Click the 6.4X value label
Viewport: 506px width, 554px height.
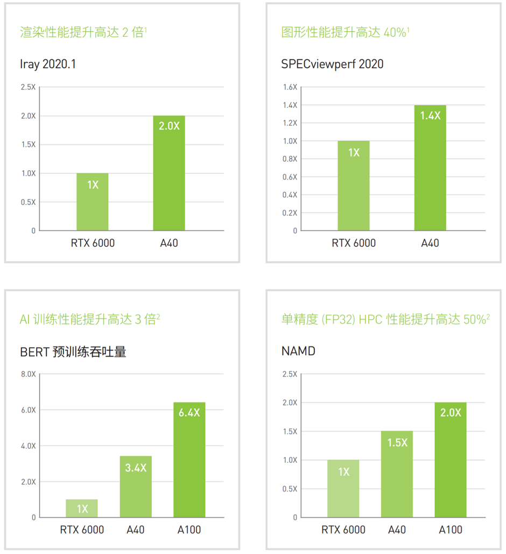coord(189,413)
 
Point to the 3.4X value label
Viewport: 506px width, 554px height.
coord(136,467)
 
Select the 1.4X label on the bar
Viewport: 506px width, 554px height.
coord(430,115)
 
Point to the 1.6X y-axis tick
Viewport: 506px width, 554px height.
coord(290,87)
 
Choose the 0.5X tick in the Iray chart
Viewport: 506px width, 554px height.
coord(29,202)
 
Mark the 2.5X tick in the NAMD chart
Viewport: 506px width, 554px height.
coord(290,374)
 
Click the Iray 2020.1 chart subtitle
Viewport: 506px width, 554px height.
coord(48,64)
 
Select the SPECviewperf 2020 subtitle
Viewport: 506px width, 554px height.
coord(332,64)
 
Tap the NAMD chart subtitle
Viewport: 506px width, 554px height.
coord(298,352)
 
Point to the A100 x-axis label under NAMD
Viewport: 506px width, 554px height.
coord(450,530)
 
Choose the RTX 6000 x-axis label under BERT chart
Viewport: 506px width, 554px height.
coord(82,530)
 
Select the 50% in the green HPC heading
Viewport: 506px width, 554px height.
coord(474,320)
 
